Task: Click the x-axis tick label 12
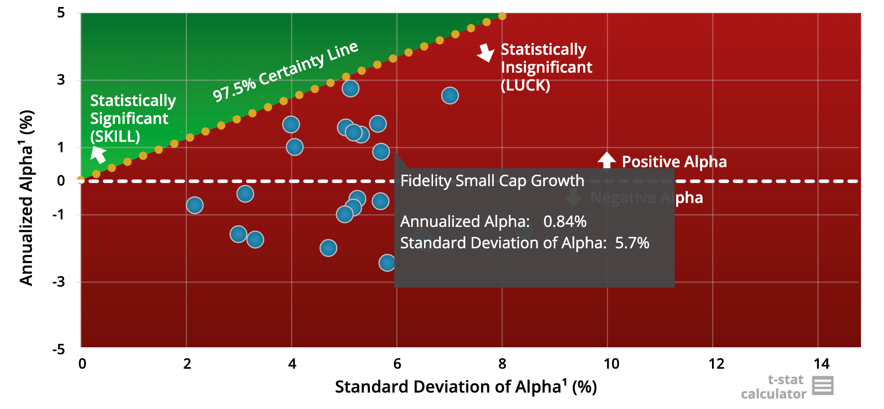716,364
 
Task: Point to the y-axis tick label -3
59,282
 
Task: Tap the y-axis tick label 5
61,12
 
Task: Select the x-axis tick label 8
502,364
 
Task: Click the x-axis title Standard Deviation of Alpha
465,387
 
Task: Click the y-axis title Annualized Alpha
26,198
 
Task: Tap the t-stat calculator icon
822,386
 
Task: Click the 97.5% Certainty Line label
285,71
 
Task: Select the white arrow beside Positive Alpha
607,160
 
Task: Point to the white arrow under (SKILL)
98,154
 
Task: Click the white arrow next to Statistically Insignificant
486,53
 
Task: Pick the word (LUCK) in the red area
525,85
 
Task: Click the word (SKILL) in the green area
115,136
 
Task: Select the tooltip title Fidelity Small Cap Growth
492,181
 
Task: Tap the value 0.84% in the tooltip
565,221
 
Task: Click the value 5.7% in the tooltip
632,243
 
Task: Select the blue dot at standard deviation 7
450,96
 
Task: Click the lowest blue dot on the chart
387,262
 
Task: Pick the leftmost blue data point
194,205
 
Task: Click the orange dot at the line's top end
502,16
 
